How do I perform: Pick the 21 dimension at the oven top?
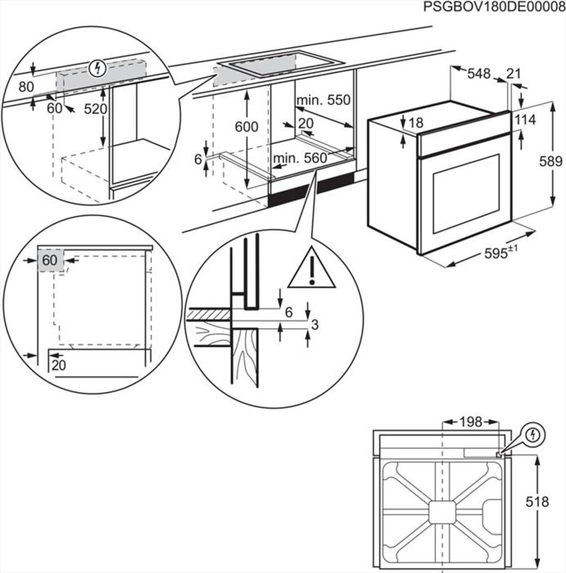pyautogui.click(x=513, y=74)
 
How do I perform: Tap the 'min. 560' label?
pyautogui.click(x=300, y=159)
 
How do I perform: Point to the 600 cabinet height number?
pyautogui.click(x=247, y=127)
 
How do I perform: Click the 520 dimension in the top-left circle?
pyautogui.click(x=95, y=109)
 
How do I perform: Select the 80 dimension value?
pyautogui.click(x=26, y=87)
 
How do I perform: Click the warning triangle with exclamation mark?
pyautogui.click(x=312, y=269)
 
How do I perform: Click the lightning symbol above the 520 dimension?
pyautogui.click(x=98, y=69)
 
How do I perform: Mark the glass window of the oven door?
pyautogui.click(x=466, y=193)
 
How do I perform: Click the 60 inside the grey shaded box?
pyautogui.click(x=50, y=260)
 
